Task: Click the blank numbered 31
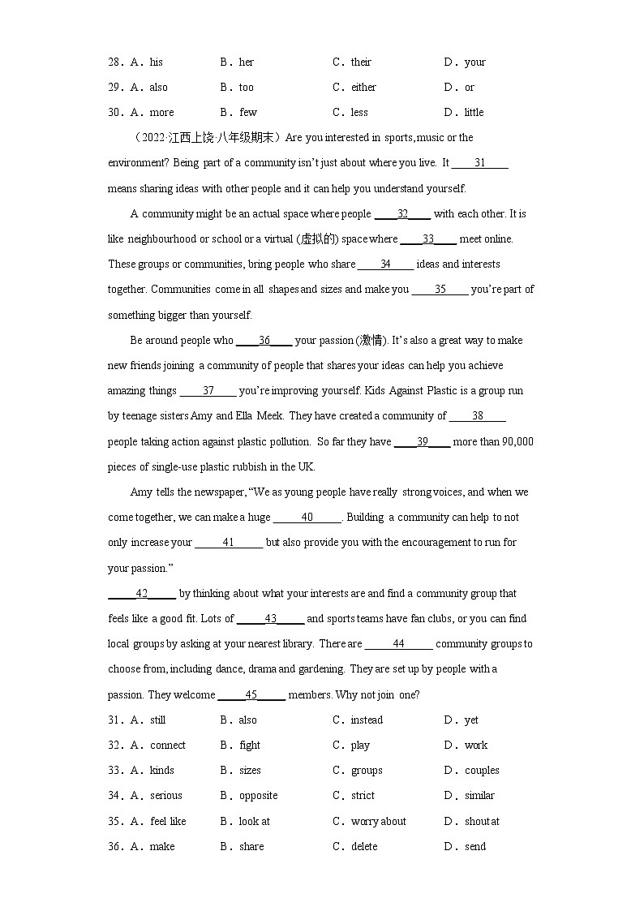479,163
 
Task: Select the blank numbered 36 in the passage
264,341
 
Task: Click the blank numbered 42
141,594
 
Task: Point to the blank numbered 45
251,695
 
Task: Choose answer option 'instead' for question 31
367,720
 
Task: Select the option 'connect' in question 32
168,746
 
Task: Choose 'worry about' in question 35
378,822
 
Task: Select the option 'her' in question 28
247,62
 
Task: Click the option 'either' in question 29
363,88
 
